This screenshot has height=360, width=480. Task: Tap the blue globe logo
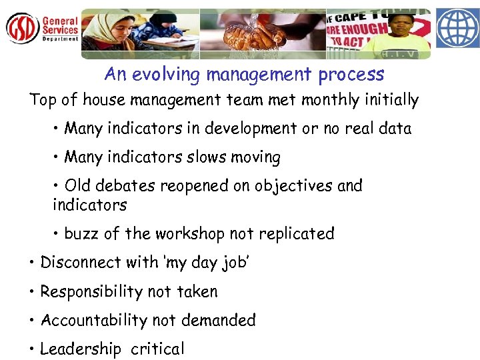pyautogui.click(x=457, y=28)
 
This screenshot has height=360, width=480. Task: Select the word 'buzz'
pyautogui.click(x=81, y=234)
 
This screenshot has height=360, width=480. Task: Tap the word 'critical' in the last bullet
pyautogui.click(x=157, y=349)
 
